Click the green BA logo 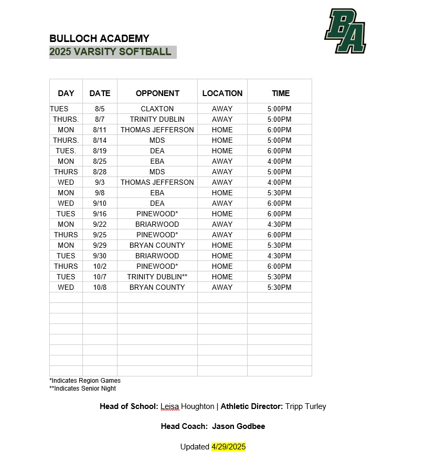(x=345, y=31)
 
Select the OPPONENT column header (x=157, y=93)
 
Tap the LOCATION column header (x=222, y=93)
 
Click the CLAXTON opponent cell (x=157, y=109)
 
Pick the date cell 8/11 (x=100, y=130)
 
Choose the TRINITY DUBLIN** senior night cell (x=157, y=277)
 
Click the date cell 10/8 (x=100, y=287)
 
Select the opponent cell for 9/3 (x=157, y=182)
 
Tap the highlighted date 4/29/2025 (x=228, y=447)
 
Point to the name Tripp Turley (x=306, y=406)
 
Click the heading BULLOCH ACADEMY (x=99, y=38)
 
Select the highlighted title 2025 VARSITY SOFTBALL (x=111, y=51)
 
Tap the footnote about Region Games (x=85, y=381)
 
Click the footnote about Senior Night (x=83, y=389)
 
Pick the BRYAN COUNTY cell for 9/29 (x=157, y=245)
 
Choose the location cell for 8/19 (x=222, y=151)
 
